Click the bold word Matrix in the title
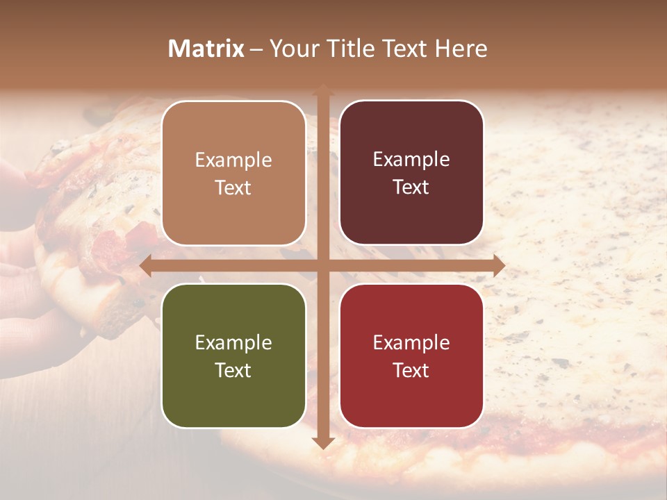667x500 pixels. [x=206, y=49]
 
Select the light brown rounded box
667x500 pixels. [x=233, y=174]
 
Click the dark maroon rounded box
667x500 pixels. [x=411, y=173]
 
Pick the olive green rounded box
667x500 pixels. [x=233, y=356]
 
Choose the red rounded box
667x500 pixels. [x=411, y=356]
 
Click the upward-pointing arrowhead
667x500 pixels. [x=323, y=90]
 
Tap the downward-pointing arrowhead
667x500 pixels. [x=323, y=442]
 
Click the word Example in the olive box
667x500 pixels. [x=233, y=343]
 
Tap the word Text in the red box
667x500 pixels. [x=411, y=370]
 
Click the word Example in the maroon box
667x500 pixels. [x=411, y=160]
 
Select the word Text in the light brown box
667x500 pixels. [x=233, y=188]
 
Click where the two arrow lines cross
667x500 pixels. [x=323, y=265]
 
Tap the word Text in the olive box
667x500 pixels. [x=233, y=370]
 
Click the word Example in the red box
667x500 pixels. [x=411, y=343]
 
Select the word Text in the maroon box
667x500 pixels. [x=411, y=187]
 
